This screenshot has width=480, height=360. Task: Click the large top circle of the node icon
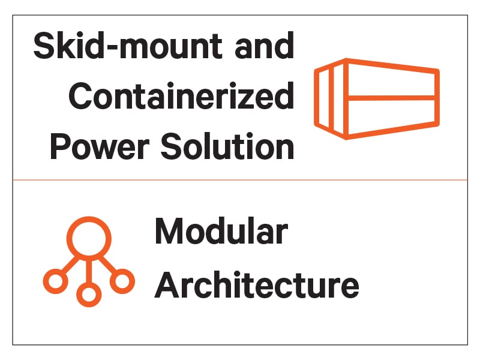click(88, 236)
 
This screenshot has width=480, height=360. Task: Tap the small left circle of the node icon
click(55, 280)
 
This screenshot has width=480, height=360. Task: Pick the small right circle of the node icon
click(122, 280)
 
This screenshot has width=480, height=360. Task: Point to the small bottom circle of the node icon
click(88, 294)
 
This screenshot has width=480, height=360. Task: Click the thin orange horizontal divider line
click(240, 179)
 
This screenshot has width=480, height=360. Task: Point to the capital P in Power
click(62, 146)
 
